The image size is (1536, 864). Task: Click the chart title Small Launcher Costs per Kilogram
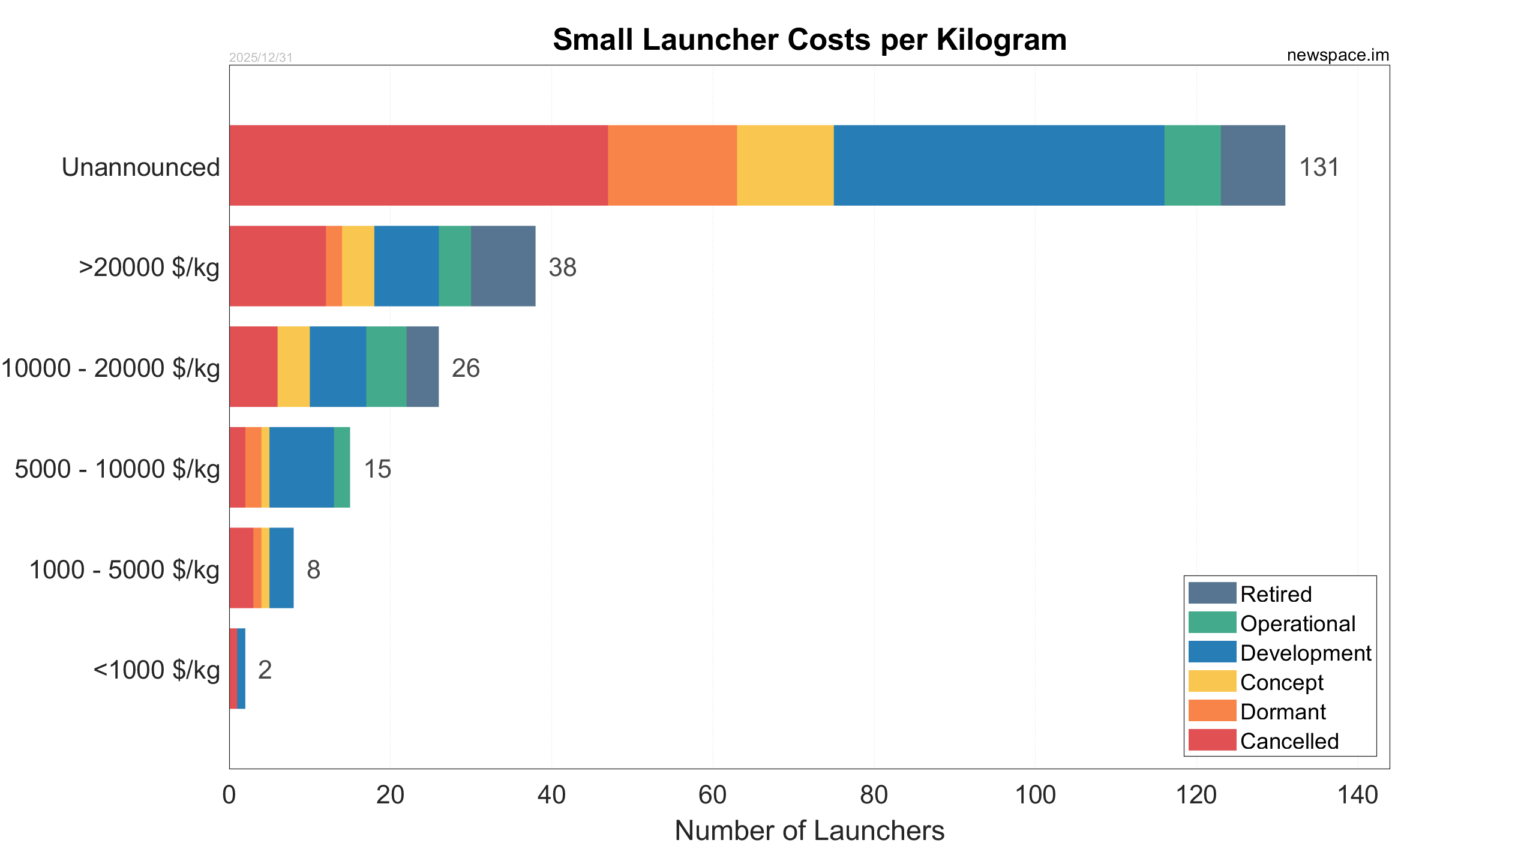(x=809, y=40)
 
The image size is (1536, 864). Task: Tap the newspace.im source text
(x=1337, y=55)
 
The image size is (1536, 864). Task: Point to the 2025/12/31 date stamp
(x=260, y=58)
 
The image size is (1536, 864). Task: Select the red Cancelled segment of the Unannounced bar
(x=418, y=166)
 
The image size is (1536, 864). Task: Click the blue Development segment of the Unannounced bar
(x=998, y=166)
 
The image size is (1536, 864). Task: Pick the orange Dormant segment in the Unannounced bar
(x=672, y=166)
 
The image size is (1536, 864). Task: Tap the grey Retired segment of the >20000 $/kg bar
(x=503, y=266)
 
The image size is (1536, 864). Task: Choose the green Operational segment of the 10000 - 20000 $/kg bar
(x=386, y=367)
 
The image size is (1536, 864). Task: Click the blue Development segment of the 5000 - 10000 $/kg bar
(x=301, y=467)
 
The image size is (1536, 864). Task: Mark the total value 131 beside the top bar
(x=1319, y=167)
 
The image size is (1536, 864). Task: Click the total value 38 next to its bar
(x=562, y=268)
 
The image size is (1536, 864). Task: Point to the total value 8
(x=313, y=570)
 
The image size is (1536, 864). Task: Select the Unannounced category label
(x=141, y=167)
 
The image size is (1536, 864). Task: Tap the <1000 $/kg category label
(x=157, y=670)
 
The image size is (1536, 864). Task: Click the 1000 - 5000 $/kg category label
(x=124, y=570)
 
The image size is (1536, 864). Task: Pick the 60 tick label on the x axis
(x=712, y=796)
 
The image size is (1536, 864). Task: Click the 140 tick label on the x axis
(x=1357, y=796)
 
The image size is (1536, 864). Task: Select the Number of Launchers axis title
(x=809, y=832)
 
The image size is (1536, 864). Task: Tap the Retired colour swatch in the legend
(x=1212, y=593)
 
